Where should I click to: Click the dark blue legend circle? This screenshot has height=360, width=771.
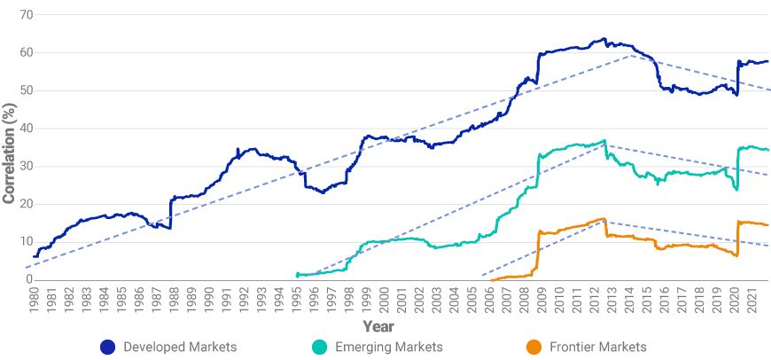click(109, 347)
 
